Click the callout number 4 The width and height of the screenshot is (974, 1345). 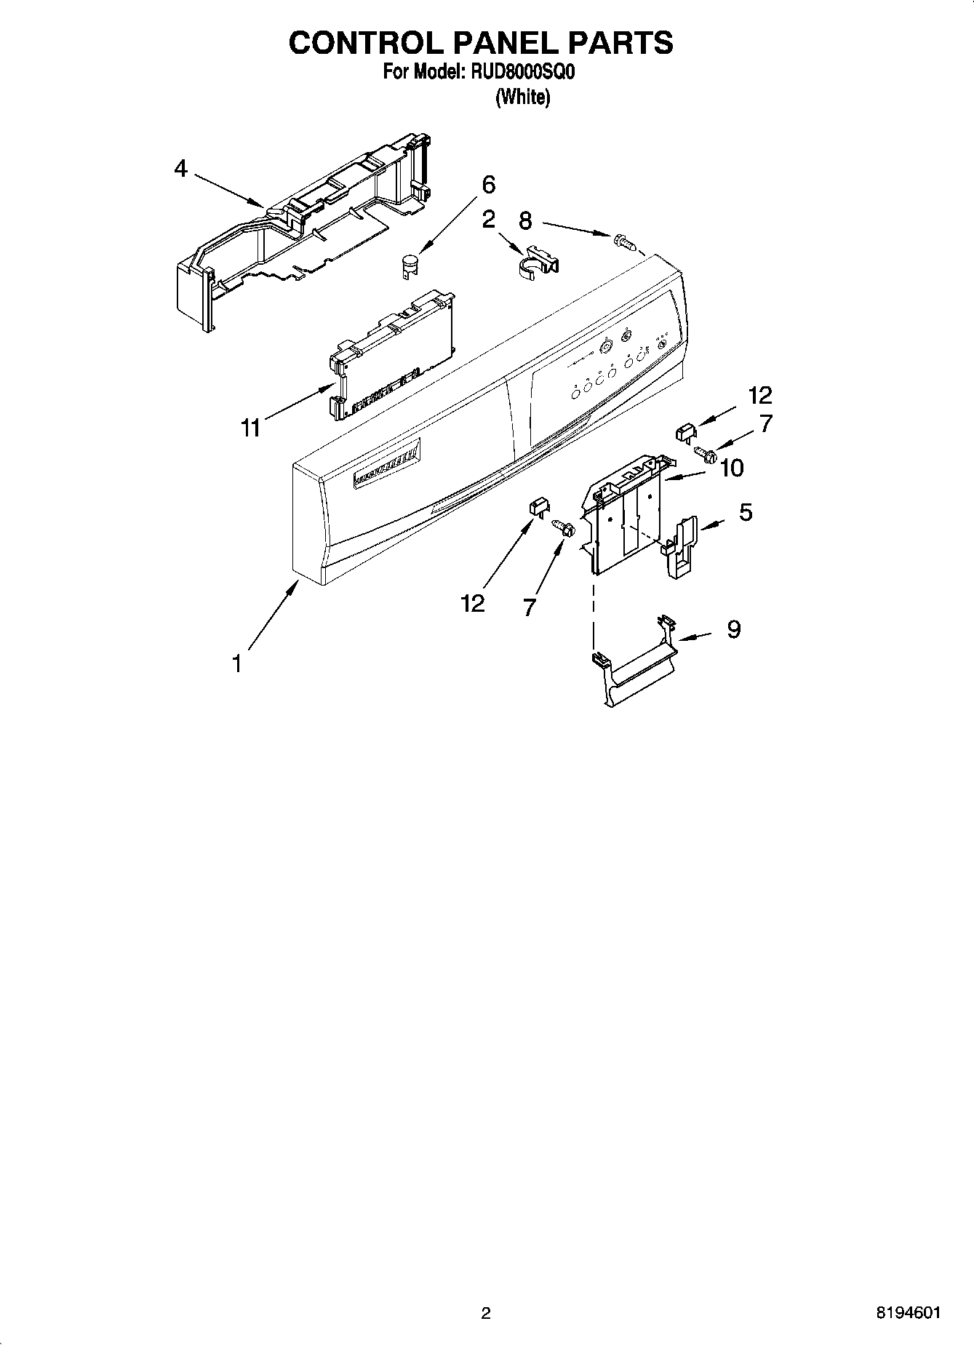click(180, 169)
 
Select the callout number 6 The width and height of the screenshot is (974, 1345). click(488, 185)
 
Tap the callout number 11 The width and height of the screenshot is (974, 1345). click(250, 428)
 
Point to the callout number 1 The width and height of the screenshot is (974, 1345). click(236, 663)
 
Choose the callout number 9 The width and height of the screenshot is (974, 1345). click(733, 629)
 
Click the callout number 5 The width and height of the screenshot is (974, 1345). click(746, 512)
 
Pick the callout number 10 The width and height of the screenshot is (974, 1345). click(731, 468)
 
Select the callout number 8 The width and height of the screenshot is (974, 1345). click(525, 220)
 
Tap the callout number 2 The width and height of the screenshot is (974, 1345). click(488, 219)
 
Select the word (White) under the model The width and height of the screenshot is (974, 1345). click(522, 97)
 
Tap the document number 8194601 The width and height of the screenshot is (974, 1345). click(909, 1312)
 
